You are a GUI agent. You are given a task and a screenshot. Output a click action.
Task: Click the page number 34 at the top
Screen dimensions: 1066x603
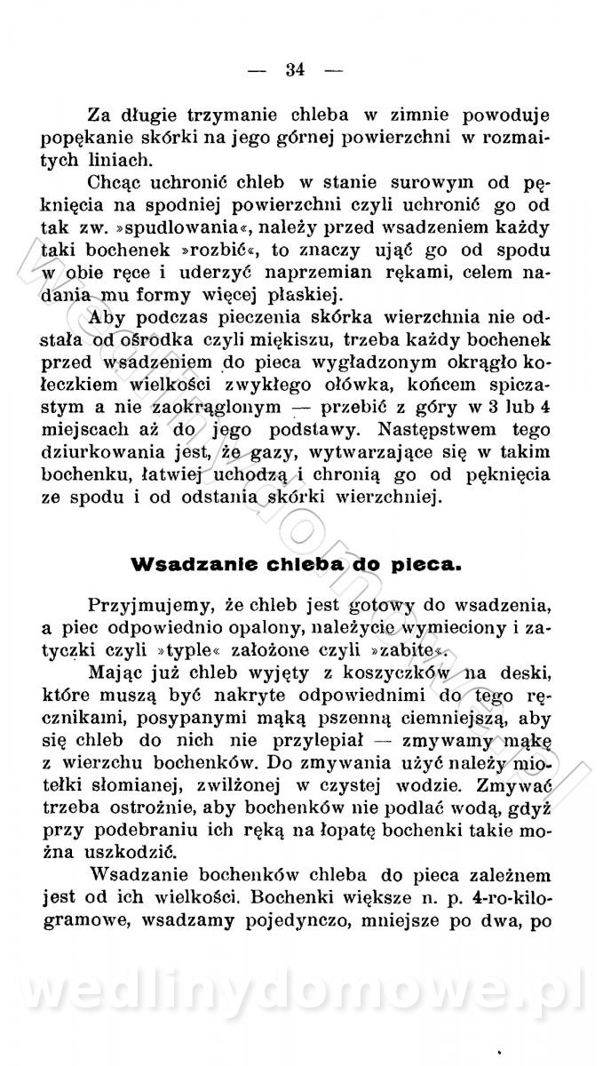pyautogui.click(x=296, y=69)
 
